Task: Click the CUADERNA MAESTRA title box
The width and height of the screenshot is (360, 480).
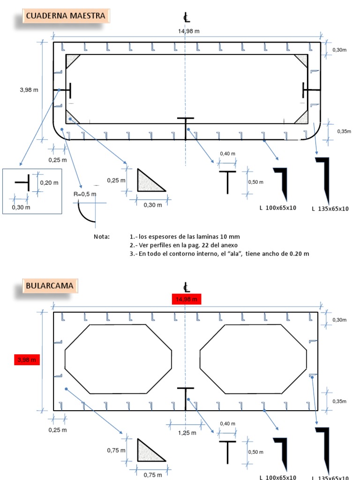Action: pyautogui.click(x=66, y=16)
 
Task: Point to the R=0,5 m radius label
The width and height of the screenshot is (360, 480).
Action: pyautogui.click(x=85, y=194)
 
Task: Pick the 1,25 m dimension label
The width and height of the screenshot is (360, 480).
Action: pyautogui.click(x=187, y=433)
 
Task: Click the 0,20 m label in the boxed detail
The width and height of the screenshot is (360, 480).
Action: pyautogui.click(x=48, y=183)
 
